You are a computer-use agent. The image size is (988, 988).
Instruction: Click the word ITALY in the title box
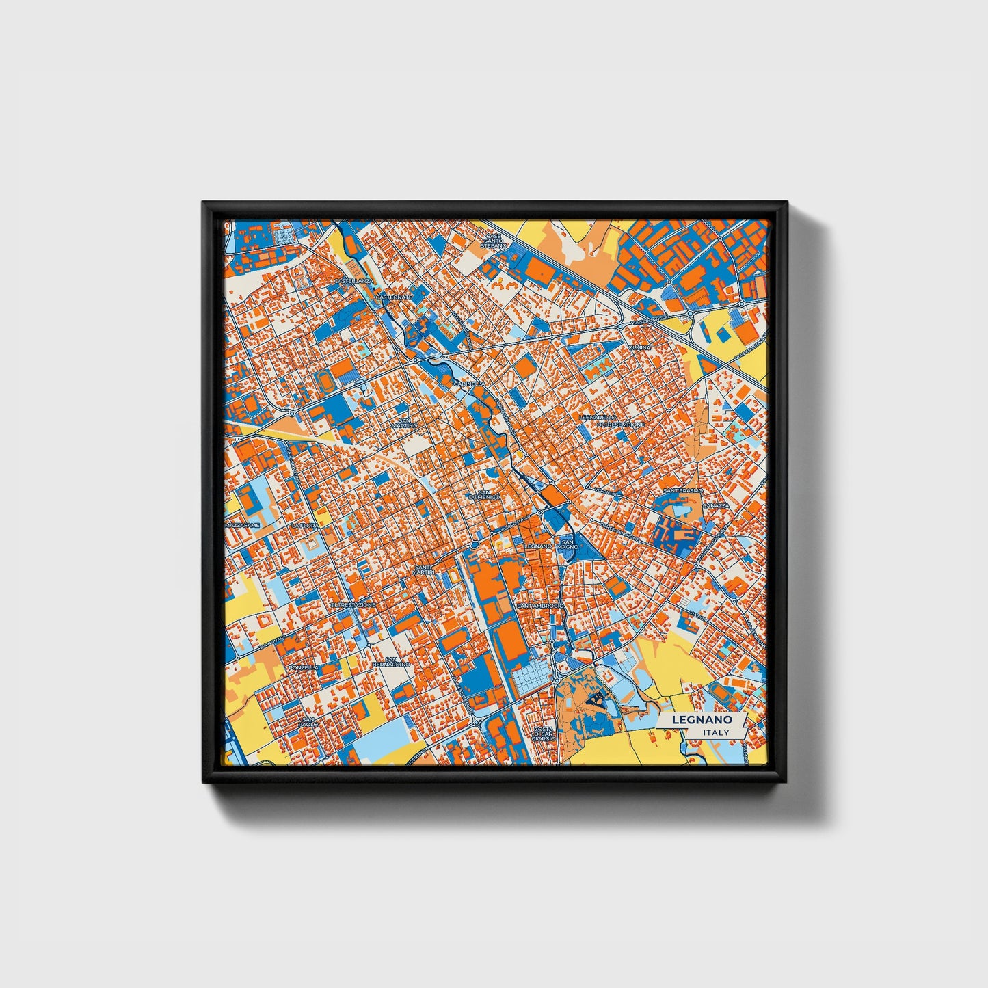tap(715, 732)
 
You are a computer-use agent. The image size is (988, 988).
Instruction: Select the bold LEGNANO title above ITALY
tap(702, 720)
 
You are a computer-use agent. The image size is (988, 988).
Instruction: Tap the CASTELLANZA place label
tap(353, 281)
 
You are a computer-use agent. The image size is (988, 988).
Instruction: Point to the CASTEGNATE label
tap(394, 297)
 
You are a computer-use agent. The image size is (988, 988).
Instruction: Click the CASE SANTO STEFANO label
tap(494, 241)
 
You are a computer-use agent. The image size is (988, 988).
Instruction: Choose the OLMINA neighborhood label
tap(640, 347)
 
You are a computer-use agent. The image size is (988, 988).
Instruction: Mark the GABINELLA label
tap(469, 384)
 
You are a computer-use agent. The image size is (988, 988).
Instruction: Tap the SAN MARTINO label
tap(404, 423)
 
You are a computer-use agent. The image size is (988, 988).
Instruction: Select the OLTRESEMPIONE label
tap(621, 425)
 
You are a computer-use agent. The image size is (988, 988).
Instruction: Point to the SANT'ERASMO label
tap(683, 491)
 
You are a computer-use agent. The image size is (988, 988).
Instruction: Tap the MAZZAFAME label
tap(243, 525)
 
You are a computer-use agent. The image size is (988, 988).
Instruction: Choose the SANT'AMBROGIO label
tap(540, 606)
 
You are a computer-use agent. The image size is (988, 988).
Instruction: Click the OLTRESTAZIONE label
tap(353, 605)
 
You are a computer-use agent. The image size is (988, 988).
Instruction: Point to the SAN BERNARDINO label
tap(391, 661)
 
